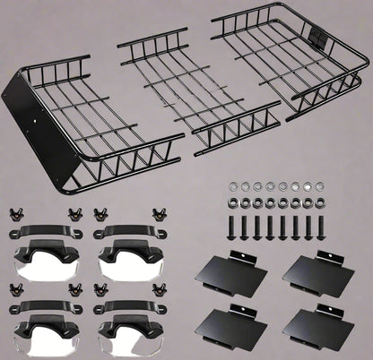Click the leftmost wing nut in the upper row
(16, 214)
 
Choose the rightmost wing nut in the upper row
(162, 214)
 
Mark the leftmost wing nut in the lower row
(16, 289)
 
